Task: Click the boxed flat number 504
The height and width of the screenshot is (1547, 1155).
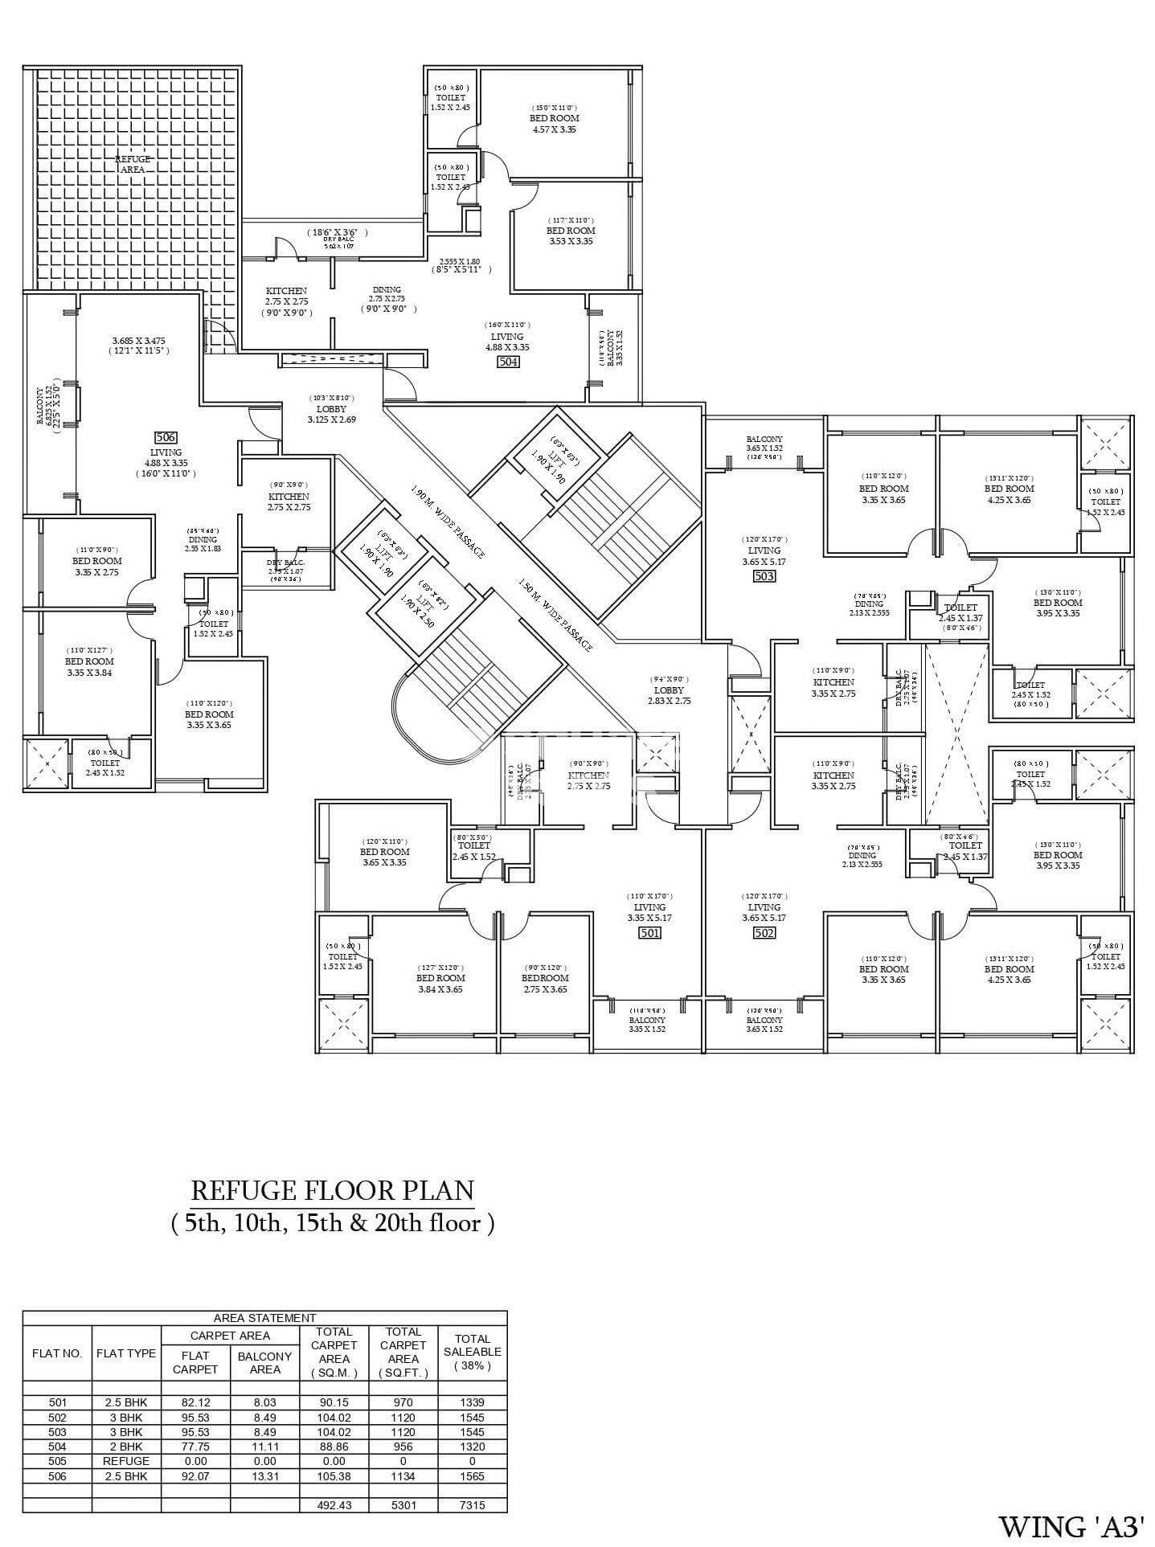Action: (508, 362)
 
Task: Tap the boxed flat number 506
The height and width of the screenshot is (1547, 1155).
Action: (166, 437)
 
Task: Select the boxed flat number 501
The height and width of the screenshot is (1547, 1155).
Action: (649, 933)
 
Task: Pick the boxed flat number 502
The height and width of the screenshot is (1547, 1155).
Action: (764, 933)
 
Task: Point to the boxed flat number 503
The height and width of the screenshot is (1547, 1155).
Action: (764, 576)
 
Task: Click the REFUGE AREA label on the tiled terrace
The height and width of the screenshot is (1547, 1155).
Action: (133, 164)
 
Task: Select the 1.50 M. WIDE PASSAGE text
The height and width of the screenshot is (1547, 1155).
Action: (555, 616)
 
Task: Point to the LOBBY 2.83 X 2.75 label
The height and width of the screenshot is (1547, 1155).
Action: (669, 695)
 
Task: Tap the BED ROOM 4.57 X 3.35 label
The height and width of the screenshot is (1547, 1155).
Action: (554, 123)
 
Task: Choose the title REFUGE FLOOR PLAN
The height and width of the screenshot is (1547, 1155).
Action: (332, 1190)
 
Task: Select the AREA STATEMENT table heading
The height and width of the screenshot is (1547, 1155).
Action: (264, 1318)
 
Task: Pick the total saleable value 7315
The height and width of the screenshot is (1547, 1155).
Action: (472, 1505)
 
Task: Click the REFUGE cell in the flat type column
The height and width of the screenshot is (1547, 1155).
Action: (126, 1461)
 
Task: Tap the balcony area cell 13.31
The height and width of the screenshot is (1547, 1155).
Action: (264, 1476)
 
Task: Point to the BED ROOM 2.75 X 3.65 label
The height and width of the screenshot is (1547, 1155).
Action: (544, 984)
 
